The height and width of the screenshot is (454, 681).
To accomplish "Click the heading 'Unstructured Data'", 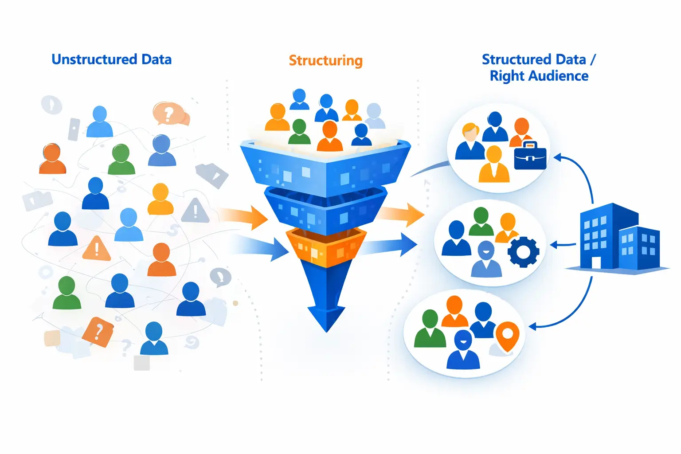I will point(111,59).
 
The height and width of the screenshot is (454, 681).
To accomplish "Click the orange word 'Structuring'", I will point(325,60).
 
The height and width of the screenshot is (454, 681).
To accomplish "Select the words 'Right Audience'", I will point(539,76).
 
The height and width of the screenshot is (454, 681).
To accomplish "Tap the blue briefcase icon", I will point(530,156).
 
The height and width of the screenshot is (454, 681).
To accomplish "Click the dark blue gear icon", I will point(523,252).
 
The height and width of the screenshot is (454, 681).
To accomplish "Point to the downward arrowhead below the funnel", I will point(326,317).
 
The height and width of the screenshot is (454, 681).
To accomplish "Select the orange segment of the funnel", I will point(326,247).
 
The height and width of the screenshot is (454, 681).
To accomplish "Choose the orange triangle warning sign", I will point(96,249).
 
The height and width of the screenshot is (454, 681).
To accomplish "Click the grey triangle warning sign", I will point(195,211).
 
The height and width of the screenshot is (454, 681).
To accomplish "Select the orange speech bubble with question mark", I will point(169,113).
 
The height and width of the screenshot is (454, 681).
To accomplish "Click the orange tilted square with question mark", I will point(98,331).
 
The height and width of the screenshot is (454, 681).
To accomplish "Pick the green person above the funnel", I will point(300,132).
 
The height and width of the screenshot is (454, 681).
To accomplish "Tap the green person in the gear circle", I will point(481,221).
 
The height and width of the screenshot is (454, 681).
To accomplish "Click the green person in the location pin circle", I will point(430,329).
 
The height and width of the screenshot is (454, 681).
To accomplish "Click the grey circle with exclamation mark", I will point(51,105).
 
